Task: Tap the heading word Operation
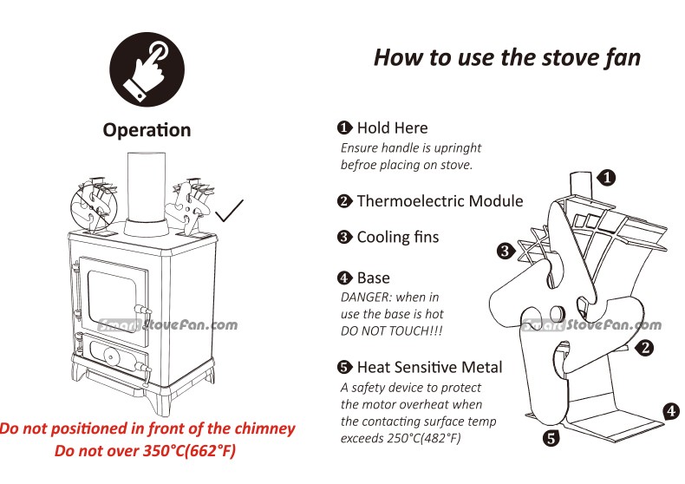(x=147, y=130)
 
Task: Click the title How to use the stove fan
(x=507, y=57)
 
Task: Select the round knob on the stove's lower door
(x=110, y=356)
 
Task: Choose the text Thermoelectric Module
(x=440, y=201)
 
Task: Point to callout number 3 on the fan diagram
(x=506, y=252)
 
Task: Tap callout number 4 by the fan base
(x=671, y=410)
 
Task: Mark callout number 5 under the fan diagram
(x=551, y=438)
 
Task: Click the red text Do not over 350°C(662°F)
(x=146, y=451)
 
